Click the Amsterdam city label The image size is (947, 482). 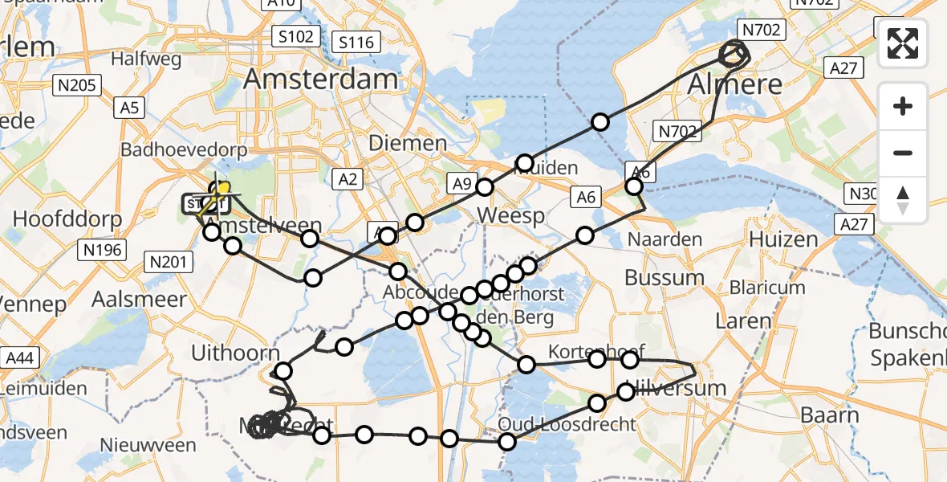click(x=320, y=79)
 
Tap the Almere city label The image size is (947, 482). click(x=734, y=84)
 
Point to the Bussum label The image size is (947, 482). click(x=664, y=278)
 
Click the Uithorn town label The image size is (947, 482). click(x=237, y=353)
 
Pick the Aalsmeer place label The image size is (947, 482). click(x=139, y=299)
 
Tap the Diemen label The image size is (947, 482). click(x=408, y=144)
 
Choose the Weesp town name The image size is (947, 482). click(x=510, y=215)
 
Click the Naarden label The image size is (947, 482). click(x=665, y=239)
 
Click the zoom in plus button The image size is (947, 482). click(x=903, y=106)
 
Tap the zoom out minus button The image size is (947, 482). click(x=903, y=153)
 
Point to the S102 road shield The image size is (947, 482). click(x=295, y=36)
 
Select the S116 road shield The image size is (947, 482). click(x=356, y=42)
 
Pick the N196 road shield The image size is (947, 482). click(x=102, y=250)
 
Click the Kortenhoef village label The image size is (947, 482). click(x=587, y=352)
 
